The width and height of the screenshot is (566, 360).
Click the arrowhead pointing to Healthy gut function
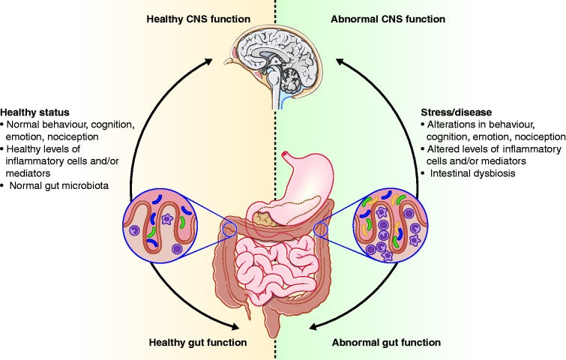pos(238,327)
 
